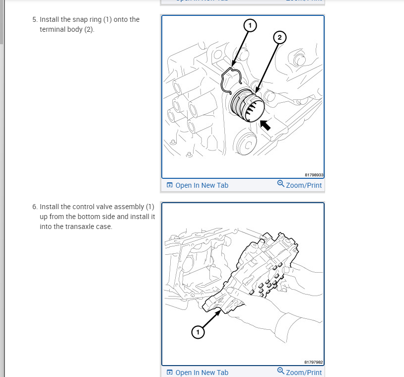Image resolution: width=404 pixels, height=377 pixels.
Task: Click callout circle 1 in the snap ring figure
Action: [x=250, y=25]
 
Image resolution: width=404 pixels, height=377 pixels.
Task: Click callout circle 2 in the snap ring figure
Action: [x=279, y=38]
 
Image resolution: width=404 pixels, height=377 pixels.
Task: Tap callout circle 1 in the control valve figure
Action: [x=198, y=332]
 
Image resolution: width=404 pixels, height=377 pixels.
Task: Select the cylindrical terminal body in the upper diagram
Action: [x=247, y=106]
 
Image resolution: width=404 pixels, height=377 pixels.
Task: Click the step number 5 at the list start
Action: [x=34, y=20]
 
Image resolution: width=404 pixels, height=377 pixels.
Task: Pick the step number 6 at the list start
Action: [x=34, y=207]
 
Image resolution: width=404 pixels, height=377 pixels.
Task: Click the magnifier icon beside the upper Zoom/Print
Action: [x=281, y=184]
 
